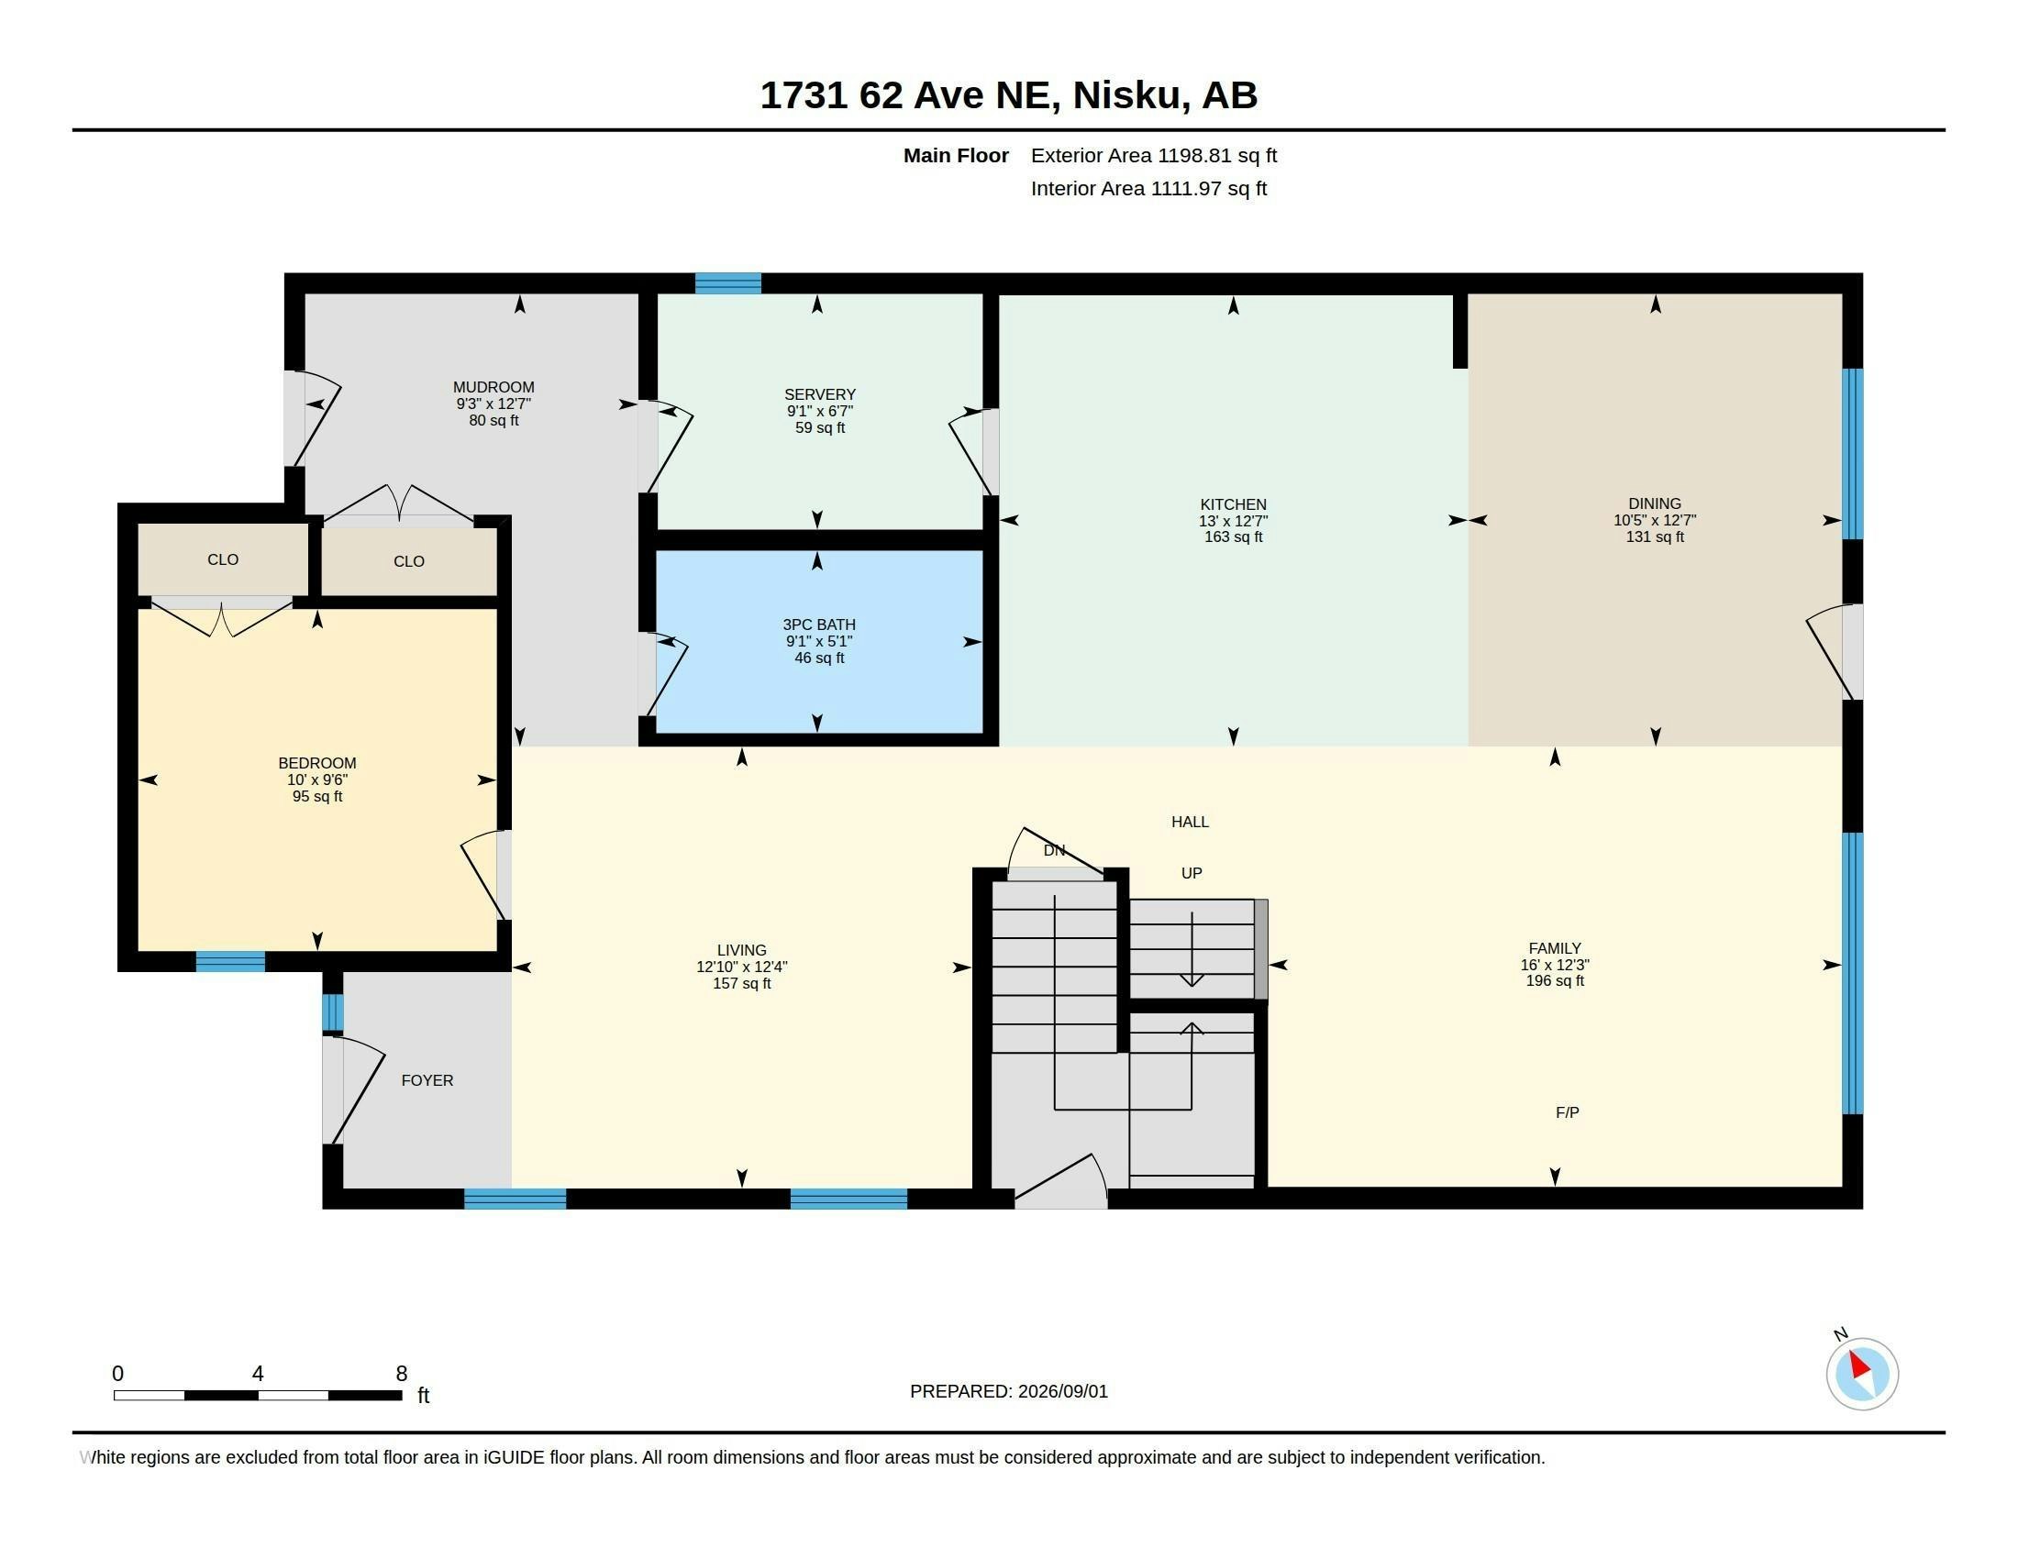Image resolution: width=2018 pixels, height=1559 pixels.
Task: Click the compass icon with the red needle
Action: [x=1862, y=1374]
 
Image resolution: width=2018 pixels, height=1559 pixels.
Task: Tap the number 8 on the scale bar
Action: [x=401, y=1374]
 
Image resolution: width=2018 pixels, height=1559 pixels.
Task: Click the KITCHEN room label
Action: [x=1233, y=504]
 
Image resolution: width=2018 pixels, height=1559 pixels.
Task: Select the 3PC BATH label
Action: [x=818, y=625]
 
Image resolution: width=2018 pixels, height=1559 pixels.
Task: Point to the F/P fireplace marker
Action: [x=1567, y=1112]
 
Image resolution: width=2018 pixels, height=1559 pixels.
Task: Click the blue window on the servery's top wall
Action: [x=728, y=282]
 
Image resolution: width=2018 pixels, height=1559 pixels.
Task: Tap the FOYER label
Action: [x=427, y=1079]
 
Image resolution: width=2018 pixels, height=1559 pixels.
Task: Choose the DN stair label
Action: [x=1054, y=850]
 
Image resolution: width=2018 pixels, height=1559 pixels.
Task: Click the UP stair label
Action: [x=1191, y=873]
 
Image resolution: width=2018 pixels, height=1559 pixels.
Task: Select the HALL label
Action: [x=1190, y=821]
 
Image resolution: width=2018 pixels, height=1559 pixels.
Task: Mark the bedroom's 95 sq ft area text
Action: [x=317, y=796]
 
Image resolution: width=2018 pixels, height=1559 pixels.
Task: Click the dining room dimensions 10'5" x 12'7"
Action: [x=1655, y=520]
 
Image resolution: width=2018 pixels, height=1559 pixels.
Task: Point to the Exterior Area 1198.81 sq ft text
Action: [x=1154, y=155]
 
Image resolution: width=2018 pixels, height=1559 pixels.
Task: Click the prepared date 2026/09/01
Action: [x=1062, y=1391]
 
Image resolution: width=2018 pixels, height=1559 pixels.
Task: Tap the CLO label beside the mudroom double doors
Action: [x=408, y=560]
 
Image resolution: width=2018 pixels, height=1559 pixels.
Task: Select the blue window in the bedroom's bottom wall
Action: [x=230, y=961]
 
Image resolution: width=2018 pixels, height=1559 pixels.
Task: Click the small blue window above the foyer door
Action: [x=333, y=1012]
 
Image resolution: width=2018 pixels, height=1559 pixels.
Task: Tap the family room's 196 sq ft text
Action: [x=1554, y=980]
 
